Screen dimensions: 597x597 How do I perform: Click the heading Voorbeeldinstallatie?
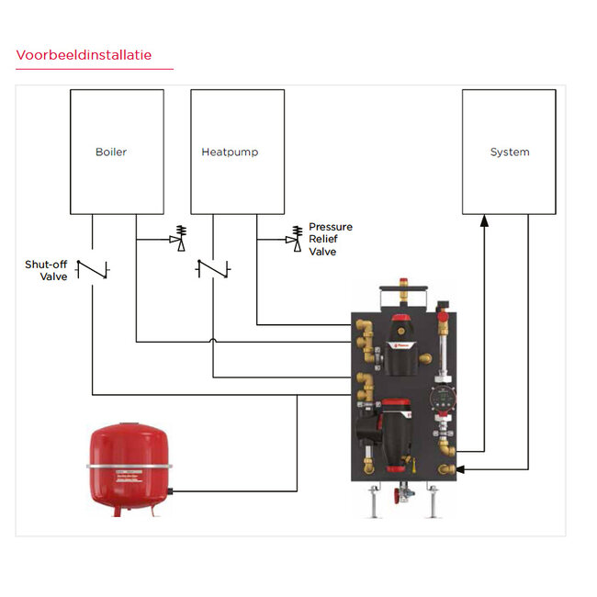tap(84, 55)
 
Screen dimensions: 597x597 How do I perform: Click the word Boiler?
tap(112, 152)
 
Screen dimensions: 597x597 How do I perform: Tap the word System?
tap(509, 152)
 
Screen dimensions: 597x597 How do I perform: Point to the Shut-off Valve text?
tap(46, 270)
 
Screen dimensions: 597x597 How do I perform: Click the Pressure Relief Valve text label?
tap(330, 239)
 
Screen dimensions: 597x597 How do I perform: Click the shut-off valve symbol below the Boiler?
tap(92, 269)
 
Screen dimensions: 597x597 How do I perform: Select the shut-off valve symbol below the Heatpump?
tap(213, 269)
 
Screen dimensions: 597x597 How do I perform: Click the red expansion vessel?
tap(130, 467)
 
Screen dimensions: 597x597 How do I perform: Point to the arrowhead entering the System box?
tap(484, 219)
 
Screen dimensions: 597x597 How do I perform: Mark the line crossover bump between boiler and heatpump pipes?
tap(213, 342)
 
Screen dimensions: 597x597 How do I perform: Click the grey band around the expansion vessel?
tap(130, 466)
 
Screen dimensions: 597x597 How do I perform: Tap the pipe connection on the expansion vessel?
tap(172, 491)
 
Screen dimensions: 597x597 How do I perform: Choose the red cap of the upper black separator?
tap(401, 322)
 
